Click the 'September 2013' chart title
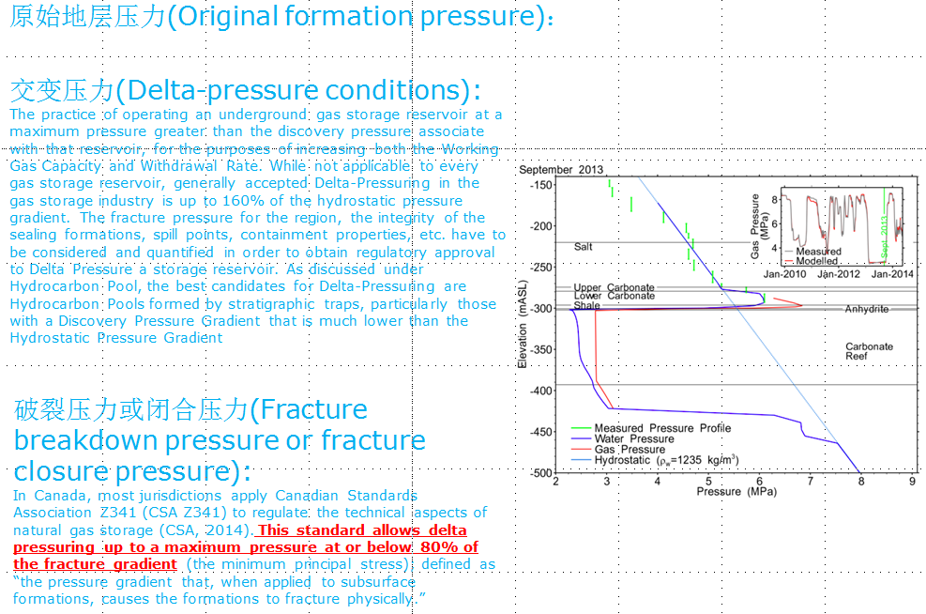pos(561,170)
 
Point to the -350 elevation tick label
pos(541,349)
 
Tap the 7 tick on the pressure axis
pos(811,481)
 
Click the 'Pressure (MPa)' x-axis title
pos(736,492)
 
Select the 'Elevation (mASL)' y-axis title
pos(522,324)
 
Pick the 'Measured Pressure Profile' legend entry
pos(651,428)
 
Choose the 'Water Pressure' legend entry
pos(622,438)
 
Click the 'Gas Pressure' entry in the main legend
pos(618,449)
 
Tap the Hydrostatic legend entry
pos(655,460)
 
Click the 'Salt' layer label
pos(583,246)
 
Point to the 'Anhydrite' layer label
pos(866,309)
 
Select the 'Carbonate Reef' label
pos(869,351)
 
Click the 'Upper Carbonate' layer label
pos(615,287)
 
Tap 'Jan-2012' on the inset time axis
pos(838,273)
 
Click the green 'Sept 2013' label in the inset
pos(884,237)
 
